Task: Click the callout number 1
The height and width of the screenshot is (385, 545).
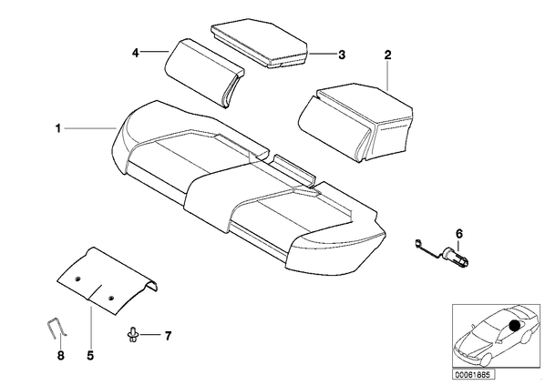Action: coord(58,129)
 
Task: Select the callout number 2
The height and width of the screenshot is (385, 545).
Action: coord(387,55)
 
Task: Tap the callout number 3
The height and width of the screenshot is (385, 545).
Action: coord(342,55)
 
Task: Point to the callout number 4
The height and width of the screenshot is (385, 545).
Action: coord(135,53)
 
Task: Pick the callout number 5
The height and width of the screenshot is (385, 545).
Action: coord(90,356)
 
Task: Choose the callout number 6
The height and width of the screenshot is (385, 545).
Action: coord(459,234)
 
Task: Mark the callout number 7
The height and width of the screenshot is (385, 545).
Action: coord(168,336)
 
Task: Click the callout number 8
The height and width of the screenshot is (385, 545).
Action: coord(61,356)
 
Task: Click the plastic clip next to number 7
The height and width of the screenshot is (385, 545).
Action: coord(133,334)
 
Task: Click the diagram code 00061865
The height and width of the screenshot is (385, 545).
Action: coord(473,375)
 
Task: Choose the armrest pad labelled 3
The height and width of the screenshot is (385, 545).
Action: coord(260,44)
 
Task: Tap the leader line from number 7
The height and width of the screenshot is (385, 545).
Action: coord(150,335)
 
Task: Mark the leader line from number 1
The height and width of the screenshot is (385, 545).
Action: coord(89,128)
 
